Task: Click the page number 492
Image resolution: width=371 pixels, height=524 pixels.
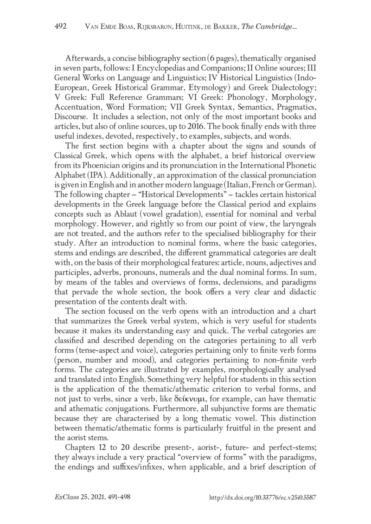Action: pyautogui.click(x=61, y=27)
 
